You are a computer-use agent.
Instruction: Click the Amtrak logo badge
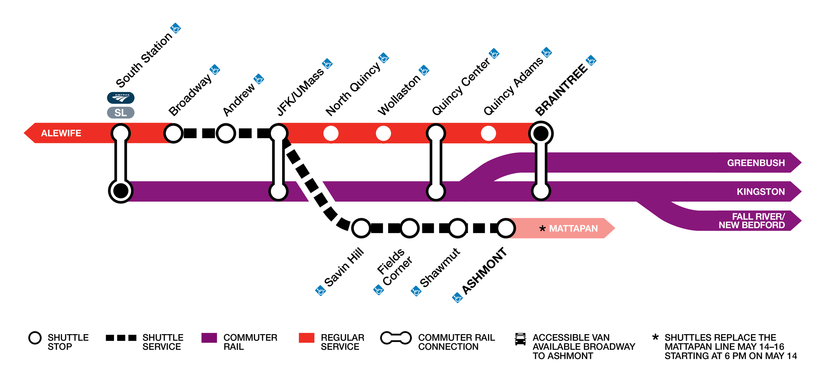120,98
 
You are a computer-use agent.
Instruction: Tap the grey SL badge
120,113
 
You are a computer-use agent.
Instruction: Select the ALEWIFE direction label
61,133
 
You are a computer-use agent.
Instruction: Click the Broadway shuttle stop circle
173,133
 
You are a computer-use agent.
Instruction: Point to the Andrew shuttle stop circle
226,133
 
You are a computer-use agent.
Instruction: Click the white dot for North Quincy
331,133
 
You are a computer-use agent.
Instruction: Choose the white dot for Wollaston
383,133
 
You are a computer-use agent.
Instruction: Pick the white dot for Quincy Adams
488,133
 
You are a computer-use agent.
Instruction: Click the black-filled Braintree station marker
541,133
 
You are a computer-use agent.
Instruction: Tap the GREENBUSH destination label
756,163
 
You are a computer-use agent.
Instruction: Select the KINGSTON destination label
760,192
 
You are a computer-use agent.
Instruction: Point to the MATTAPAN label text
573,228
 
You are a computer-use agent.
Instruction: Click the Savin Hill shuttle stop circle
361,228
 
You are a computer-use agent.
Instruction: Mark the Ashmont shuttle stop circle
506,228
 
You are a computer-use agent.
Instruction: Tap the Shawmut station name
440,268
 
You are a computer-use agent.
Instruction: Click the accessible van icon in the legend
520,339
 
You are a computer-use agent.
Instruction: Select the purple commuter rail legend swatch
209,338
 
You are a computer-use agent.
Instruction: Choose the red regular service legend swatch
306,338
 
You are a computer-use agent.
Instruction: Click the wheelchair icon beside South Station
175,28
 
